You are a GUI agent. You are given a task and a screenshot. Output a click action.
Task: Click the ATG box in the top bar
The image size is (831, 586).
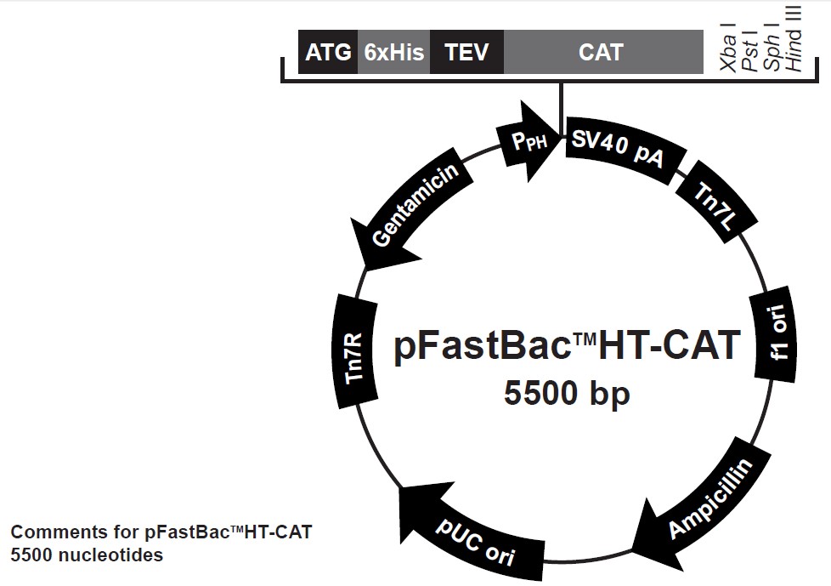coord(328,53)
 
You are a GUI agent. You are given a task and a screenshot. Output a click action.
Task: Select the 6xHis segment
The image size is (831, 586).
coord(394,53)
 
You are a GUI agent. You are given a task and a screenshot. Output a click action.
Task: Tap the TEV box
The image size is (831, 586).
coord(467,53)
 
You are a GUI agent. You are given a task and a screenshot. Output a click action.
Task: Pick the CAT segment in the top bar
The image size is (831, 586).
coord(602,53)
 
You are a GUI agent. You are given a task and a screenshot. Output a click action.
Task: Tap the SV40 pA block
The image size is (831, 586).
coord(618,150)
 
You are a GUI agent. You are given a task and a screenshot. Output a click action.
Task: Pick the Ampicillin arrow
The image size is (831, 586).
coord(705,501)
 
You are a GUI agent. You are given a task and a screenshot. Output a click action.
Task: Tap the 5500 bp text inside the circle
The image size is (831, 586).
coord(567,394)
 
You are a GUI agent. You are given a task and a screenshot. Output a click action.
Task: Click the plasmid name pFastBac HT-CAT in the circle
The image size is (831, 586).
coord(567,347)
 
